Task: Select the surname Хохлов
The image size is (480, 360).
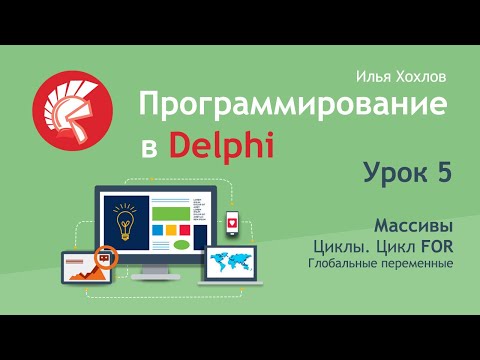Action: pyautogui.click(x=423, y=77)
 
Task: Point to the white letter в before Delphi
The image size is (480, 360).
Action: pyautogui.click(x=148, y=150)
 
